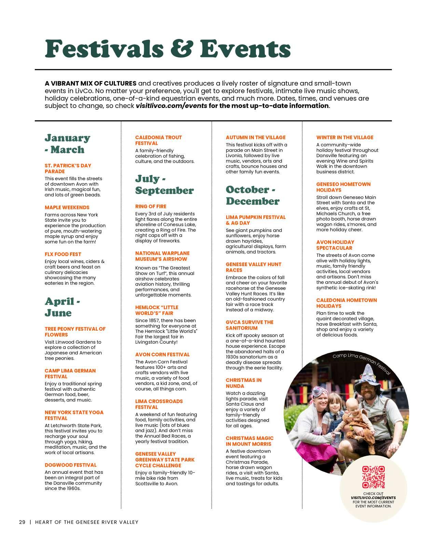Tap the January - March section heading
(67, 144)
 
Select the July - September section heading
(164, 184)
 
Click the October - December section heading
(253, 195)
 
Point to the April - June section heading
(62, 307)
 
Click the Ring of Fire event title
(151, 207)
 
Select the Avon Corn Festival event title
(162, 355)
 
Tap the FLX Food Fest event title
(63, 254)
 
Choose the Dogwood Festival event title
(70, 465)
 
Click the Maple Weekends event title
(67, 208)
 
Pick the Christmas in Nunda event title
(244, 383)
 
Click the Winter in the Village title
(345, 138)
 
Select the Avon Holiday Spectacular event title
(335, 245)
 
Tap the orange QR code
(373, 477)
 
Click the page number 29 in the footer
(22, 522)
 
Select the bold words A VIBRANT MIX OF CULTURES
(91, 83)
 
